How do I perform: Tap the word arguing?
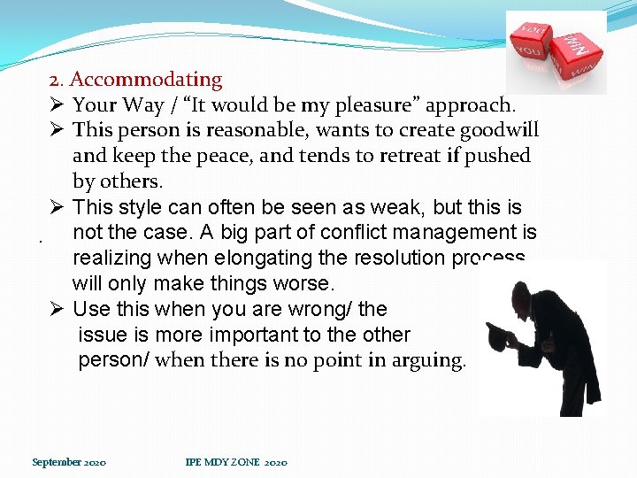click(x=428, y=361)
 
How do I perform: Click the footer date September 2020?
click(x=69, y=462)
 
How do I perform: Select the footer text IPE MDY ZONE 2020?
click(x=236, y=462)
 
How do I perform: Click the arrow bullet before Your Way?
click(x=56, y=106)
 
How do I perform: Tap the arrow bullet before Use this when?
click(x=56, y=310)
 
